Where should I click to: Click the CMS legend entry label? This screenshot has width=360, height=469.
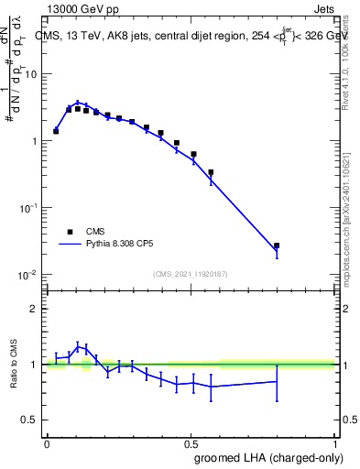coord(95,232)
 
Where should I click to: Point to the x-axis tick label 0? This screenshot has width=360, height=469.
coord(46,442)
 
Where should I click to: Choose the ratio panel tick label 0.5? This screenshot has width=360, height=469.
coord(31,420)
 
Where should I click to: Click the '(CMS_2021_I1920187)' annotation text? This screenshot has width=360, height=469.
coord(191,273)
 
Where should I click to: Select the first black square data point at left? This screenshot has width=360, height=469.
coord(56,131)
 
